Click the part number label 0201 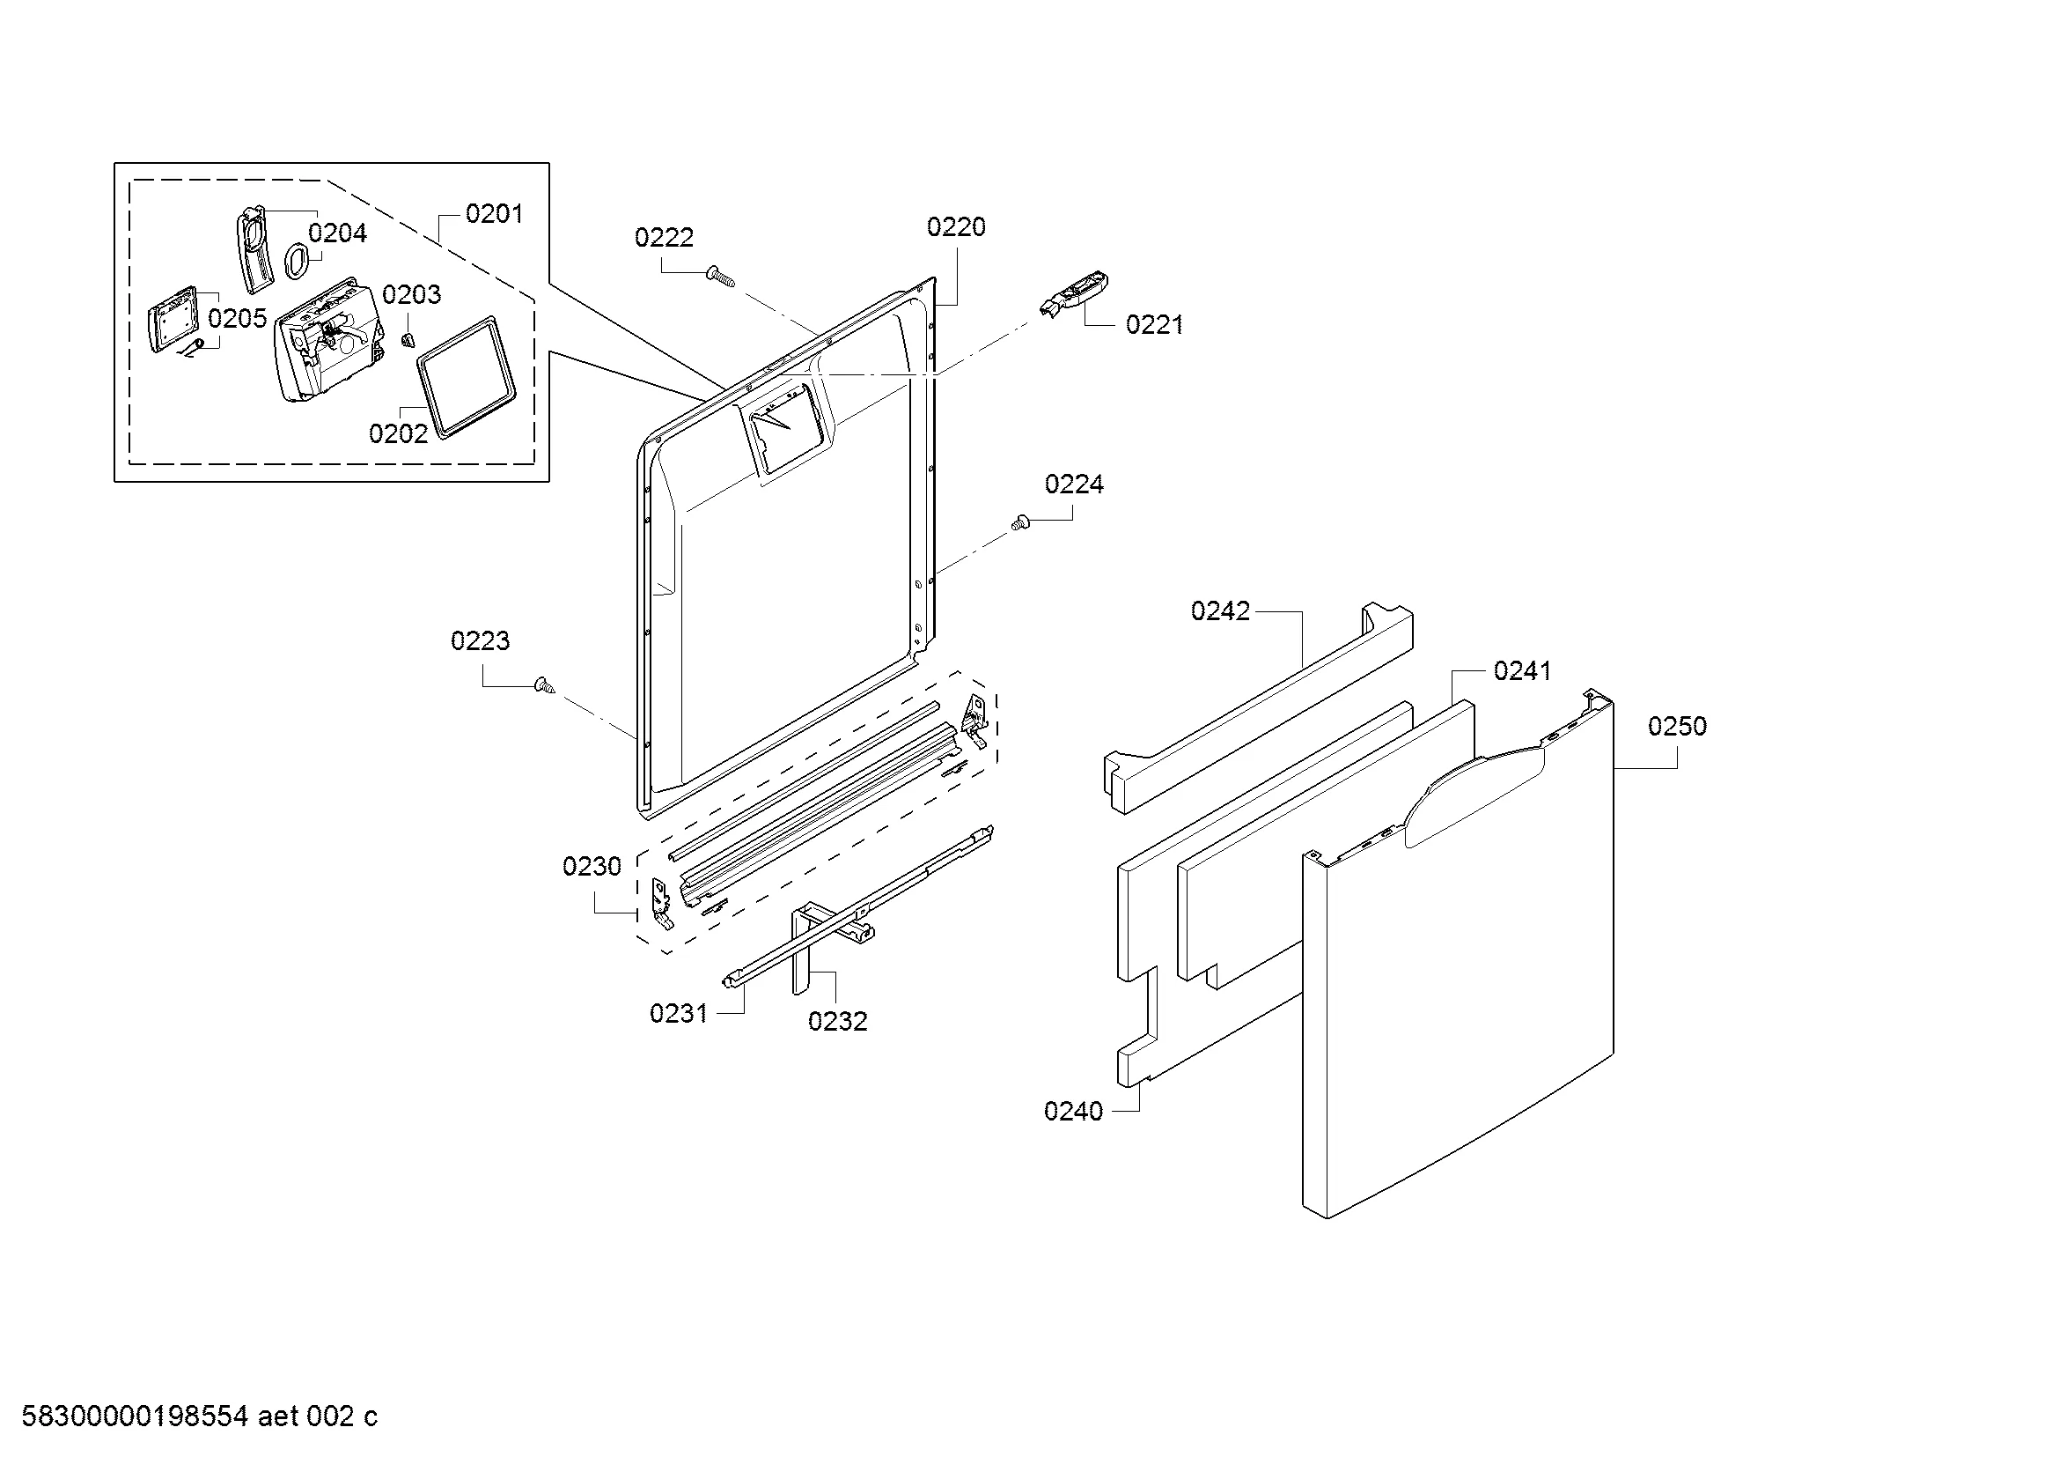[x=494, y=213]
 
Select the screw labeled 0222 [x=721, y=277]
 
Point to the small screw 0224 [x=1018, y=522]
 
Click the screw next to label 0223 [x=543, y=685]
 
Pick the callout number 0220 [x=956, y=227]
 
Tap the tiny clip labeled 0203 [x=408, y=338]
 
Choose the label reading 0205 [x=238, y=319]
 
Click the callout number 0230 [x=592, y=867]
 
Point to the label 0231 [x=679, y=1014]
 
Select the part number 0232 [x=837, y=1021]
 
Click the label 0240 [x=1073, y=1112]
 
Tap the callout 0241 [x=1523, y=671]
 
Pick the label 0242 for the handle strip [x=1220, y=611]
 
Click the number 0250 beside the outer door [x=1677, y=727]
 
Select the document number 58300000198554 [x=135, y=1416]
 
